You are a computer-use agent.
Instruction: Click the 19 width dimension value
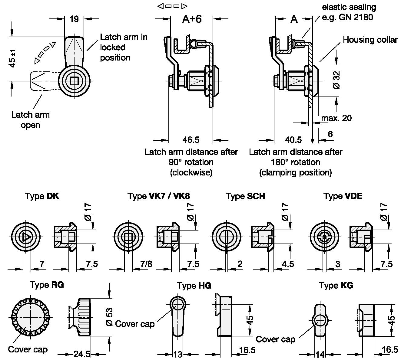74,19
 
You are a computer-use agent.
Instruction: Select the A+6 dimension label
192,19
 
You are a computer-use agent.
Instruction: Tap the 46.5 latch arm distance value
191,140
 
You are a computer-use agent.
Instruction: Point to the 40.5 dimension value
293,140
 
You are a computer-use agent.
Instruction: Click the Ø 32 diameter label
336,80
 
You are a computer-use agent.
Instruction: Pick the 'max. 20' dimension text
336,118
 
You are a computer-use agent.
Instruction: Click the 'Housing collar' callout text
370,40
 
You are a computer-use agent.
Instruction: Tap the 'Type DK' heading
42,196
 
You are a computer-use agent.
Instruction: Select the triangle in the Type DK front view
25,237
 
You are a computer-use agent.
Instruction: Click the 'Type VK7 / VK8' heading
159,196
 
